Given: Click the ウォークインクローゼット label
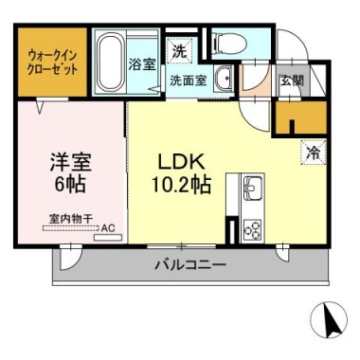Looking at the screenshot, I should point(45,63).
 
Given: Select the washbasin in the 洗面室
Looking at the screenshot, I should point(224,79).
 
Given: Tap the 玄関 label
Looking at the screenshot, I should point(290,81).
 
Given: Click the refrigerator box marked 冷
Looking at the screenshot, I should point(311,150).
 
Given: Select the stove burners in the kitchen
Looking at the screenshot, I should point(254,227).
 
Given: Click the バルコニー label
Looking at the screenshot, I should point(190,264).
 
